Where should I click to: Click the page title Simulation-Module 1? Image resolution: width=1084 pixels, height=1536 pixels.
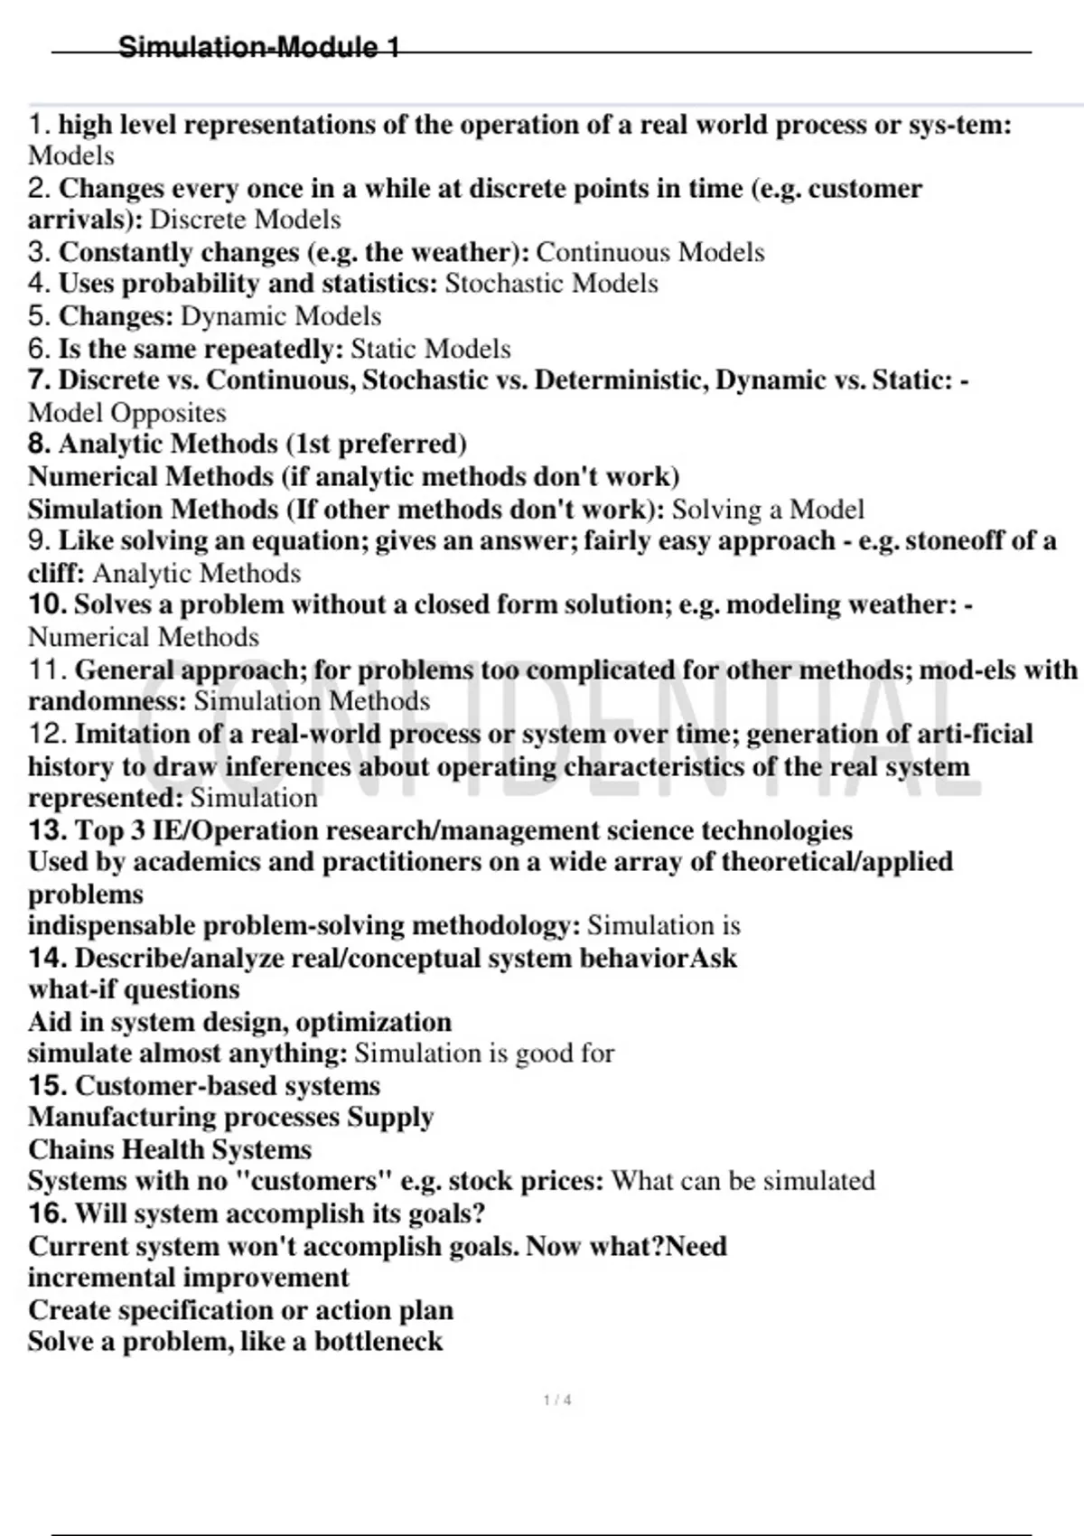click(x=259, y=47)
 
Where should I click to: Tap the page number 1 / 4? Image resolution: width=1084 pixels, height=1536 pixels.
click(x=557, y=1400)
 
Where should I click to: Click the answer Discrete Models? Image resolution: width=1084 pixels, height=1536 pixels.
click(x=245, y=220)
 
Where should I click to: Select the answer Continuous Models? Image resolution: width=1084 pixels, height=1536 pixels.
click(x=650, y=252)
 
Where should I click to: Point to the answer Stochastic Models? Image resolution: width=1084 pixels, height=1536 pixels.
click(x=552, y=284)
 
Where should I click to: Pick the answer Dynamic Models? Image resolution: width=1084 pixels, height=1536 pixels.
click(x=281, y=316)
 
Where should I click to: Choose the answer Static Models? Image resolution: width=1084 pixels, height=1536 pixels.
click(x=431, y=349)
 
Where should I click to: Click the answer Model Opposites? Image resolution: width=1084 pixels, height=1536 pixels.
click(x=127, y=413)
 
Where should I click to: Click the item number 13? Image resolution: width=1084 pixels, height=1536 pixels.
click(x=47, y=830)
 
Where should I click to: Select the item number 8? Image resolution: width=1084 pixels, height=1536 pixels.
click(x=39, y=444)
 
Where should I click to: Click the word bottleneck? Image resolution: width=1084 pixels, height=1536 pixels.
click(x=378, y=1342)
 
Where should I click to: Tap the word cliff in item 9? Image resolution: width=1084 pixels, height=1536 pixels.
click(x=53, y=574)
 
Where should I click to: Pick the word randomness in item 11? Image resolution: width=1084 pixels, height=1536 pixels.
click(x=104, y=701)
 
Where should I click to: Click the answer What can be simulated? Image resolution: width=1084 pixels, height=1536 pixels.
click(x=743, y=1181)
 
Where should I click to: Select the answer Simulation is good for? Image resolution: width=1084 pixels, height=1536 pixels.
click(x=484, y=1054)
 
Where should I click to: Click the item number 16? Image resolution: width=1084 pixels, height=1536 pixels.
click(x=47, y=1213)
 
